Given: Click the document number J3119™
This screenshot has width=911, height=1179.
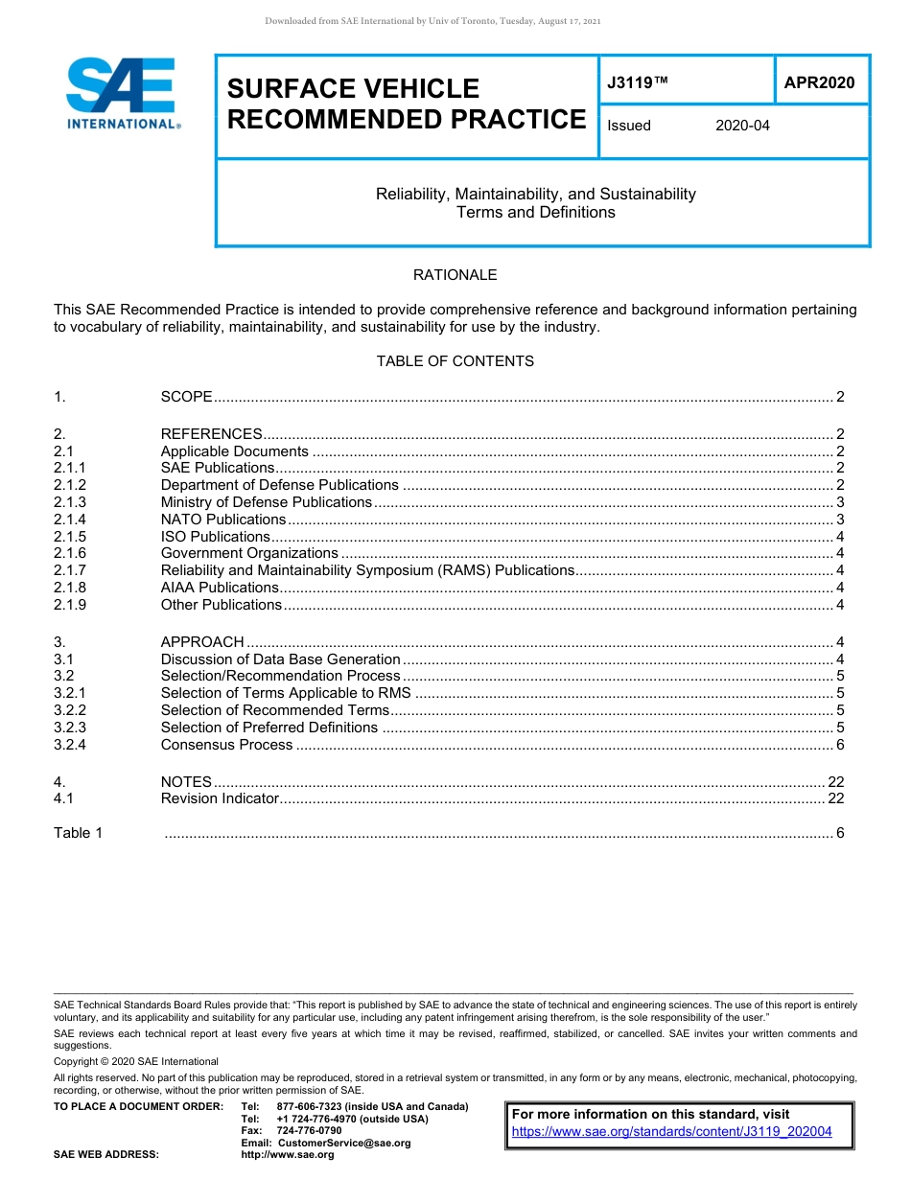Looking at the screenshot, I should pos(637,83).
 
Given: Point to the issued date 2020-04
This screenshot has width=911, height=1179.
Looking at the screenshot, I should pos(742,126).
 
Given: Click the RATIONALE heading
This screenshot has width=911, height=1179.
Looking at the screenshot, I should pos(455,275).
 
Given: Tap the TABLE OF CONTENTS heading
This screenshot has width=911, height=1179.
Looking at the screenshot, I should pos(455,361).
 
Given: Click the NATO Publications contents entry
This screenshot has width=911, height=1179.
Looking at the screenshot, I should pos(222,520).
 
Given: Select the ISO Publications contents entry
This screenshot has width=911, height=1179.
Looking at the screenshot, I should pos(215,537).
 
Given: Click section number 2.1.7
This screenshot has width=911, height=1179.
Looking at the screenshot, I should pos(70,570).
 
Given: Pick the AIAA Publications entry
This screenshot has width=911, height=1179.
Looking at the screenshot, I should pos(220,588).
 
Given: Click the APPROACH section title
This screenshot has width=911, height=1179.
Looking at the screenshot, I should pos(202,642).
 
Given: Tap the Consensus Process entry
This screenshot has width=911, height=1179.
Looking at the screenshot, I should pos(226,745).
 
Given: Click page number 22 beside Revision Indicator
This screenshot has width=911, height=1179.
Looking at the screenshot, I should pos(835,798).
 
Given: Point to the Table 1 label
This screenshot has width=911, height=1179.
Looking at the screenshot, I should pos(78,833).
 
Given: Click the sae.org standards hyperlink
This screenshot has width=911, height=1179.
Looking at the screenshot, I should pos(671,1132).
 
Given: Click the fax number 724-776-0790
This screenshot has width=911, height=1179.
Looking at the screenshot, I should pos(309,1131).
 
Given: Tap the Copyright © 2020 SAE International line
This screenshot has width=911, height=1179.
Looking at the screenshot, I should pos(136,1061).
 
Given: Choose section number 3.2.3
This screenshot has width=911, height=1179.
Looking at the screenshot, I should pos(70,728).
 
